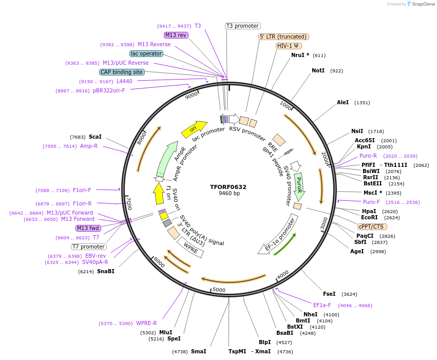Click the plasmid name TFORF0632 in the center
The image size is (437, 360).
228,187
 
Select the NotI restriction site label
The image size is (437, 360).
318,70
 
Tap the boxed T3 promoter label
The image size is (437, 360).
243,26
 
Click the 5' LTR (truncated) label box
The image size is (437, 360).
283,36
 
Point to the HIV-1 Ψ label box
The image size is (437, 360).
289,46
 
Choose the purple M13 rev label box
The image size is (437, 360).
176,35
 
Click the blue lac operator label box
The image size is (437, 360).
146,53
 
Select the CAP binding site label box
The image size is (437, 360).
122,72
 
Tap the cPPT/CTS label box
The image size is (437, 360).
372,226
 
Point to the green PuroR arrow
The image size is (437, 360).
299,186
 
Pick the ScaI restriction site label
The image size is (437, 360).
95,137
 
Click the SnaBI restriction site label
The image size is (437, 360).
105,271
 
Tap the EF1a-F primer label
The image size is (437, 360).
322,305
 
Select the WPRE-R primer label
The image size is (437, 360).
146,324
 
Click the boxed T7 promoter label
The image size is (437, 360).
89,247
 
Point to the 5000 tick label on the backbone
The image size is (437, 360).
219,290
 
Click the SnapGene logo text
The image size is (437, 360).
422,4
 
